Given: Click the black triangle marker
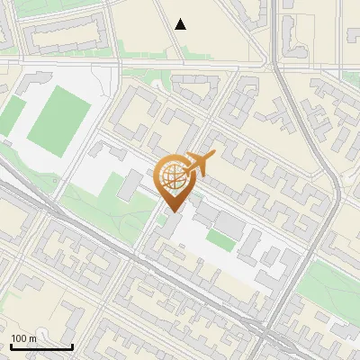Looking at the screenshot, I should point(181,24).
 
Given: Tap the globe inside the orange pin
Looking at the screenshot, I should point(173,175).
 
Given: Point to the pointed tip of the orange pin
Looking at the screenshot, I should point(173,211).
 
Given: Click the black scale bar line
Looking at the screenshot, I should point(41,346).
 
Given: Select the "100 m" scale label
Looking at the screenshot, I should point(24,337).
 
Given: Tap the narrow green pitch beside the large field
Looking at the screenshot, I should point(13,117).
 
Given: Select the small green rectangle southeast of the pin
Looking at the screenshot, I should point(220,239).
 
